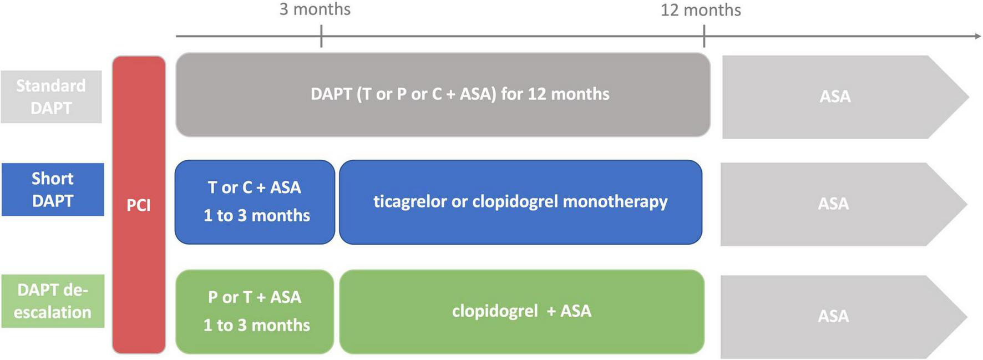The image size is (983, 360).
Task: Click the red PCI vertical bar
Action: click(x=139, y=205)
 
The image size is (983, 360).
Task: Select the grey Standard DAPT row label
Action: click(x=51, y=97)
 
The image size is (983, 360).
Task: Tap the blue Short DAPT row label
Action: click(x=53, y=189)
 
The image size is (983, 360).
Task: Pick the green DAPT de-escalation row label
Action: click(x=53, y=301)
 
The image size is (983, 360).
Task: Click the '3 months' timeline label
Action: click(x=315, y=9)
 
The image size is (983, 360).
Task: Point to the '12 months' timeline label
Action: click(x=700, y=10)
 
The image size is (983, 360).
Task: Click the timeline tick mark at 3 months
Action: click(x=321, y=37)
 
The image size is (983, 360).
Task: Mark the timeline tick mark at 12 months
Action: click(x=704, y=37)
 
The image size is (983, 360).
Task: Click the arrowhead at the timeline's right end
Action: click(x=977, y=36)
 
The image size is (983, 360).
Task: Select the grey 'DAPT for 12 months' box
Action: click(x=443, y=95)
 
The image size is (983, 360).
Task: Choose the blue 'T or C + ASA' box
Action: click(x=255, y=202)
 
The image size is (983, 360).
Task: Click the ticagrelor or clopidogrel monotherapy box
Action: click(x=520, y=202)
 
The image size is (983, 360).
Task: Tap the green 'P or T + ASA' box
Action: click(x=255, y=311)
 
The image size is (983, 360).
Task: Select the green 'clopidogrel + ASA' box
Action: click(x=521, y=311)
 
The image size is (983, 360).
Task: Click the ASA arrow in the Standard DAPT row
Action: click(x=835, y=97)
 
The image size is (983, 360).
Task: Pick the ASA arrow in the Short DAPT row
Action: click(x=833, y=204)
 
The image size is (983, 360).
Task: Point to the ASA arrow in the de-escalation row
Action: click(x=833, y=316)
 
